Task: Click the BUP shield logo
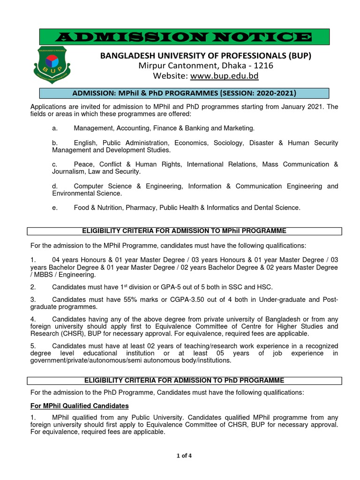pyautogui.click(x=53, y=65)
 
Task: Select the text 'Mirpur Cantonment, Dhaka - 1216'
pyautogui.click(x=206, y=66)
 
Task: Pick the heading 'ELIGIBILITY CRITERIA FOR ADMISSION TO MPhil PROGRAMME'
pyautogui.click(x=184, y=231)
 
